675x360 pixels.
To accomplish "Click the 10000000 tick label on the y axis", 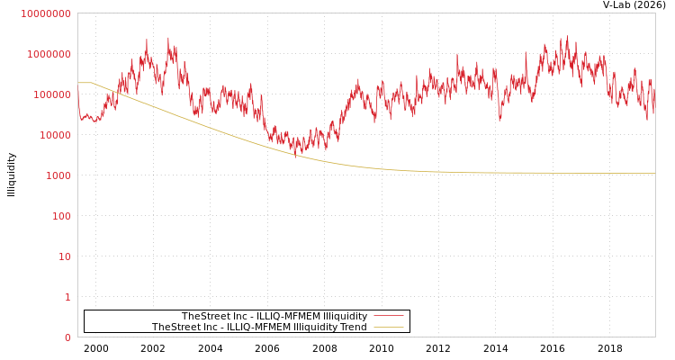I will (45, 13).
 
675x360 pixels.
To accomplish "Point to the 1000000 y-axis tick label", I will (49, 54).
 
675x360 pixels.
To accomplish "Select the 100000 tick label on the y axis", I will (51, 94).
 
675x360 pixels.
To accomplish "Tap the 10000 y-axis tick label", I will (54, 135).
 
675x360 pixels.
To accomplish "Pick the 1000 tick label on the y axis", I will (58, 175).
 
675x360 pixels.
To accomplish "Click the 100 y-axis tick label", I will (60, 216).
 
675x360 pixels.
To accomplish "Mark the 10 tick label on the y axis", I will (64, 256).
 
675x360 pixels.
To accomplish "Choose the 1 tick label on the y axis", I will (67, 297).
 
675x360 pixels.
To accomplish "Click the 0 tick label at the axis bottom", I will (67, 337).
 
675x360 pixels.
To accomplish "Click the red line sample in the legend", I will (388, 316).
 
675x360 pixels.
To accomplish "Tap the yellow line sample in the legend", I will (388, 327).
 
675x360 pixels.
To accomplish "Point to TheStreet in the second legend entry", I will (174, 328).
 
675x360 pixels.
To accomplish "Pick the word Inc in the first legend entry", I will (236, 317).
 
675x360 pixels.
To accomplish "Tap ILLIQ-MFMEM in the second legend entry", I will (250, 328).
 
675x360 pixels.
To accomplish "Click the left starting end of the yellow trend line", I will (78, 83).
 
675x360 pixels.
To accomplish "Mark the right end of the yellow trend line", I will (654, 173).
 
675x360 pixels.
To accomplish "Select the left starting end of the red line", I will (78, 90).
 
